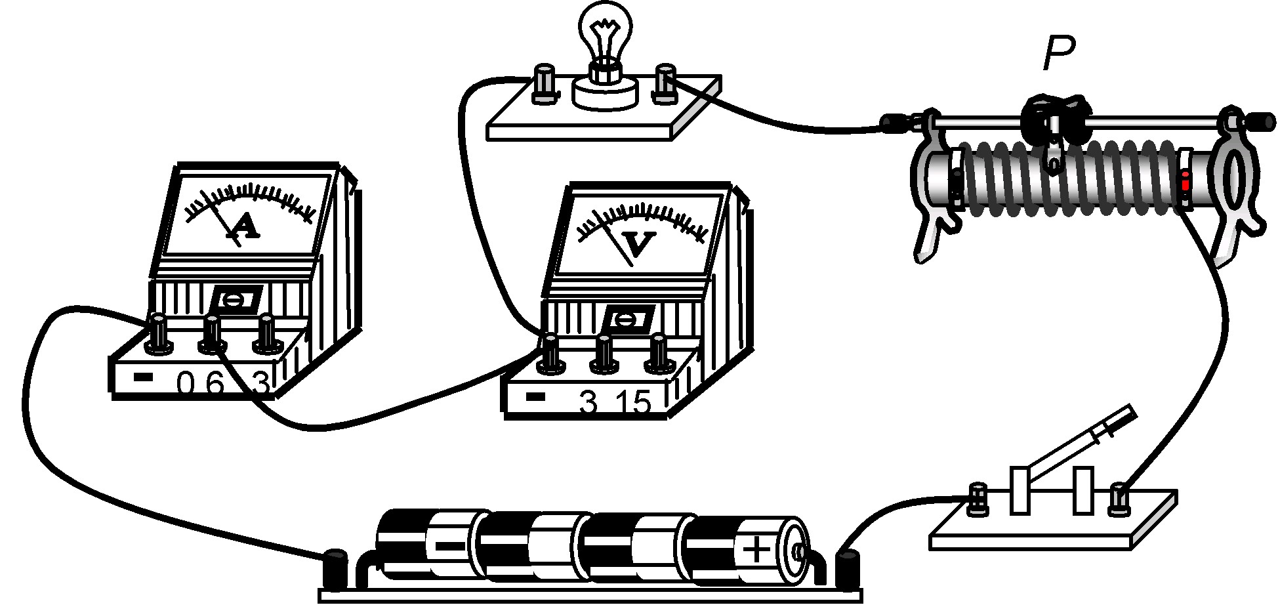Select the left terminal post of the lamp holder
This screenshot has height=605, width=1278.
point(544,83)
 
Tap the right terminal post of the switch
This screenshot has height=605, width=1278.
point(1119,498)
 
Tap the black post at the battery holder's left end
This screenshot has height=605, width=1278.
point(336,567)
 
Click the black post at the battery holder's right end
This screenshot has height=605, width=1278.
point(848,568)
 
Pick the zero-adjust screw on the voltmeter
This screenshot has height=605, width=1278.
point(628,320)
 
